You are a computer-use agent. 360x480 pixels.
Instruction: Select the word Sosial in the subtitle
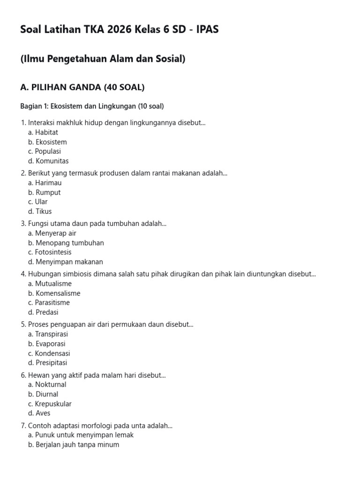click(x=169, y=59)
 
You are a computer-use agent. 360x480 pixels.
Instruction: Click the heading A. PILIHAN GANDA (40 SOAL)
click(x=82, y=87)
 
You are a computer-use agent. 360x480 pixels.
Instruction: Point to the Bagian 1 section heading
click(x=92, y=106)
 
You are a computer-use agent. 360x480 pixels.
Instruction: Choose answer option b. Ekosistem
click(x=47, y=142)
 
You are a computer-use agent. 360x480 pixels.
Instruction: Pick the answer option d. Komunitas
click(x=48, y=161)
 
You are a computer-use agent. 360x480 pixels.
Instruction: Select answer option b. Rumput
click(x=45, y=192)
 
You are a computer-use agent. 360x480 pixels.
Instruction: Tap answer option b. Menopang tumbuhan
click(x=66, y=243)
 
